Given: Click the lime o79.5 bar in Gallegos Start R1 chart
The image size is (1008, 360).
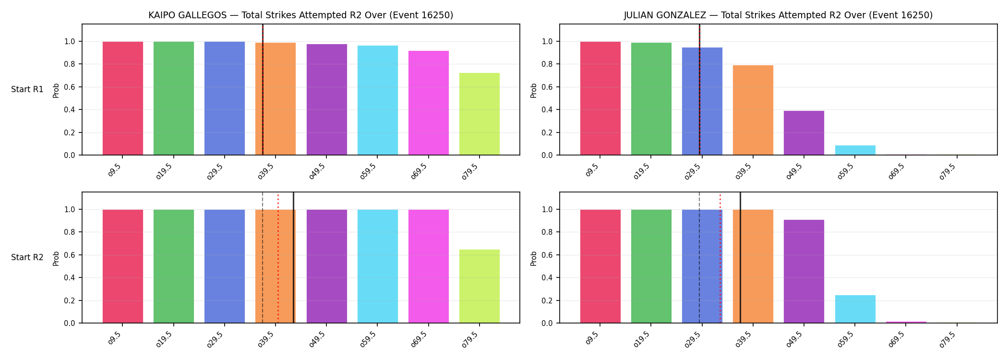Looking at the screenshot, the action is pyautogui.click(x=480, y=114).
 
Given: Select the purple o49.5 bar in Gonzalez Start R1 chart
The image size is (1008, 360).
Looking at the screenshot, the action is pyautogui.click(x=804, y=133).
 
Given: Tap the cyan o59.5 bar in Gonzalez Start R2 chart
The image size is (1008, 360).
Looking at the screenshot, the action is pyautogui.click(x=855, y=309).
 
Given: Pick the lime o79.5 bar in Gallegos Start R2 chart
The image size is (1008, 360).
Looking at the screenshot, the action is pyautogui.click(x=480, y=286).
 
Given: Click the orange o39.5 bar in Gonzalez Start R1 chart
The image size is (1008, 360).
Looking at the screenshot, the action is pyautogui.click(x=753, y=110).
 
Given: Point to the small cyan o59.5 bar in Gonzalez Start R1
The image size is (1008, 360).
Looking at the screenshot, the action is pyautogui.click(x=855, y=150).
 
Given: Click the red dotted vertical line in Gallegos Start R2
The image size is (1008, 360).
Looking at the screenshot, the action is pyautogui.click(x=278, y=258).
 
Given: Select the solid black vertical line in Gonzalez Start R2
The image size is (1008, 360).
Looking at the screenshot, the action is pyautogui.click(x=740, y=257).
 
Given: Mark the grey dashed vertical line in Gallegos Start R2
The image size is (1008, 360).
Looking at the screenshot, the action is pyautogui.click(x=263, y=257).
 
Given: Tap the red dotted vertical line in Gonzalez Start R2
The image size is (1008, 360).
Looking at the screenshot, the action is pyautogui.click(x=720, y=258).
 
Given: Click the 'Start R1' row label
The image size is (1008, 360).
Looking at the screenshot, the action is pyautogui.click(x=27, y=89).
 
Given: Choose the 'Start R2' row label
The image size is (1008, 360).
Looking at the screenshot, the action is pyautogui.click(x=27, y=257).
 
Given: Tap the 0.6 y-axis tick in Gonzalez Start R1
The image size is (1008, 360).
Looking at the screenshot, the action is pyautogui.click(x=547, y=87).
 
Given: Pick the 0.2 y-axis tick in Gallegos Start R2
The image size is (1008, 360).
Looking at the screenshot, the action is pyautogui.click(x=70, y=300).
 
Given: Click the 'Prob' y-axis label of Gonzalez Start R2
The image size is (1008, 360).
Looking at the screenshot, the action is pyautogui.click(x=534, y=258).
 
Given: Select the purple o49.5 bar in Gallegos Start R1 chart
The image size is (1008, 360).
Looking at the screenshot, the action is pyautogui.click(x=327, y=99).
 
